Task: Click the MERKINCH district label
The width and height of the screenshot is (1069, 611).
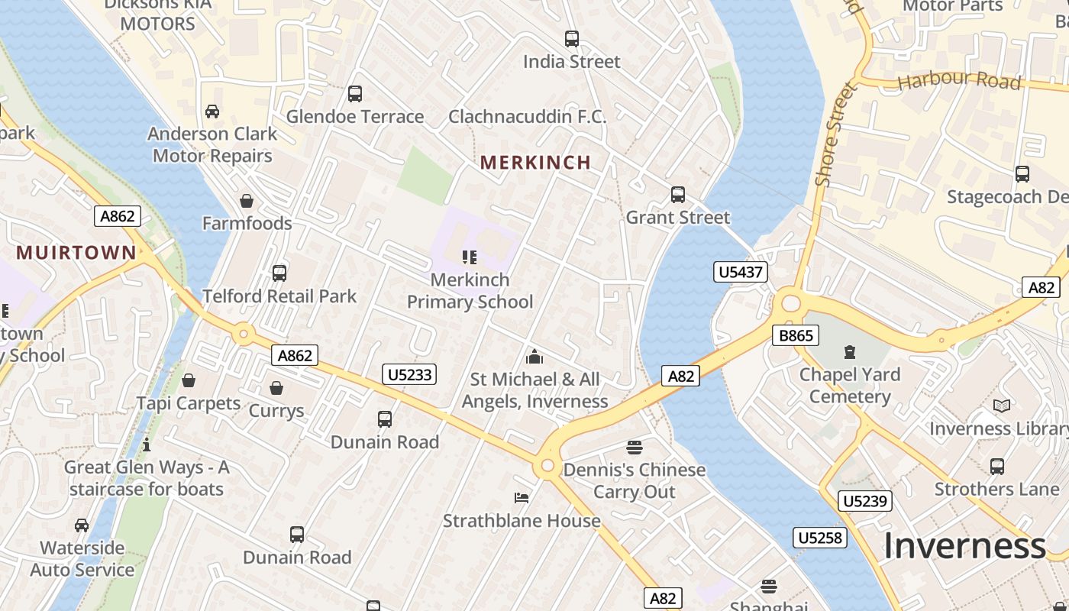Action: tap(535, 162)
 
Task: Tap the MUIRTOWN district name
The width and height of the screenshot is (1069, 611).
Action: tap(76, 252)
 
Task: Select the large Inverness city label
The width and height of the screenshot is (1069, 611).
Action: tap(964, 545)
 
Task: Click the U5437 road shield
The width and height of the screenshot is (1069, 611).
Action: tap(741, 272)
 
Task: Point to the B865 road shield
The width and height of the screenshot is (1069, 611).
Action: tap(795, 335)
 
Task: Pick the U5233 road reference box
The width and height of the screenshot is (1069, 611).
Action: tap(409, 374)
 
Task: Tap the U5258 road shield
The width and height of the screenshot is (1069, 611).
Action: tap(820, 538)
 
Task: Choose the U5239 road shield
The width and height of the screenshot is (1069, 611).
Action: tap(864, 501)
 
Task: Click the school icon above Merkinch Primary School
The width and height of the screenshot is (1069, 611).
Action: tap(470, 257)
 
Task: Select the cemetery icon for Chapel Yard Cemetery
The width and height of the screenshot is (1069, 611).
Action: tap(849, 352)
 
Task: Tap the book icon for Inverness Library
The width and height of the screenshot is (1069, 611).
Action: tap(1002, 406)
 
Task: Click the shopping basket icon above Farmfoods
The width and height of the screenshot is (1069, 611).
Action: tap(247, 201)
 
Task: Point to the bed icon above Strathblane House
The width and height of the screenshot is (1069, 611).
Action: tap(522, 498)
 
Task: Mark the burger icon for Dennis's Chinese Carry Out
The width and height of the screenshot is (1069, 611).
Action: tap(634, 447)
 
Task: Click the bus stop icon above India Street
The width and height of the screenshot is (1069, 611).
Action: tap(571, 39)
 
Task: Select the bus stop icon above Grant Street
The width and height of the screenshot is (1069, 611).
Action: tap(677, 195)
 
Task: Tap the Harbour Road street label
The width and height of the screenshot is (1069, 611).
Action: tap(959, 80)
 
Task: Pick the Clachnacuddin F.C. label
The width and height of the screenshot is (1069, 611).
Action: tap(527, 117)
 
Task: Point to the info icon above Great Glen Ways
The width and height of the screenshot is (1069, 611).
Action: tap(147, 445)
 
